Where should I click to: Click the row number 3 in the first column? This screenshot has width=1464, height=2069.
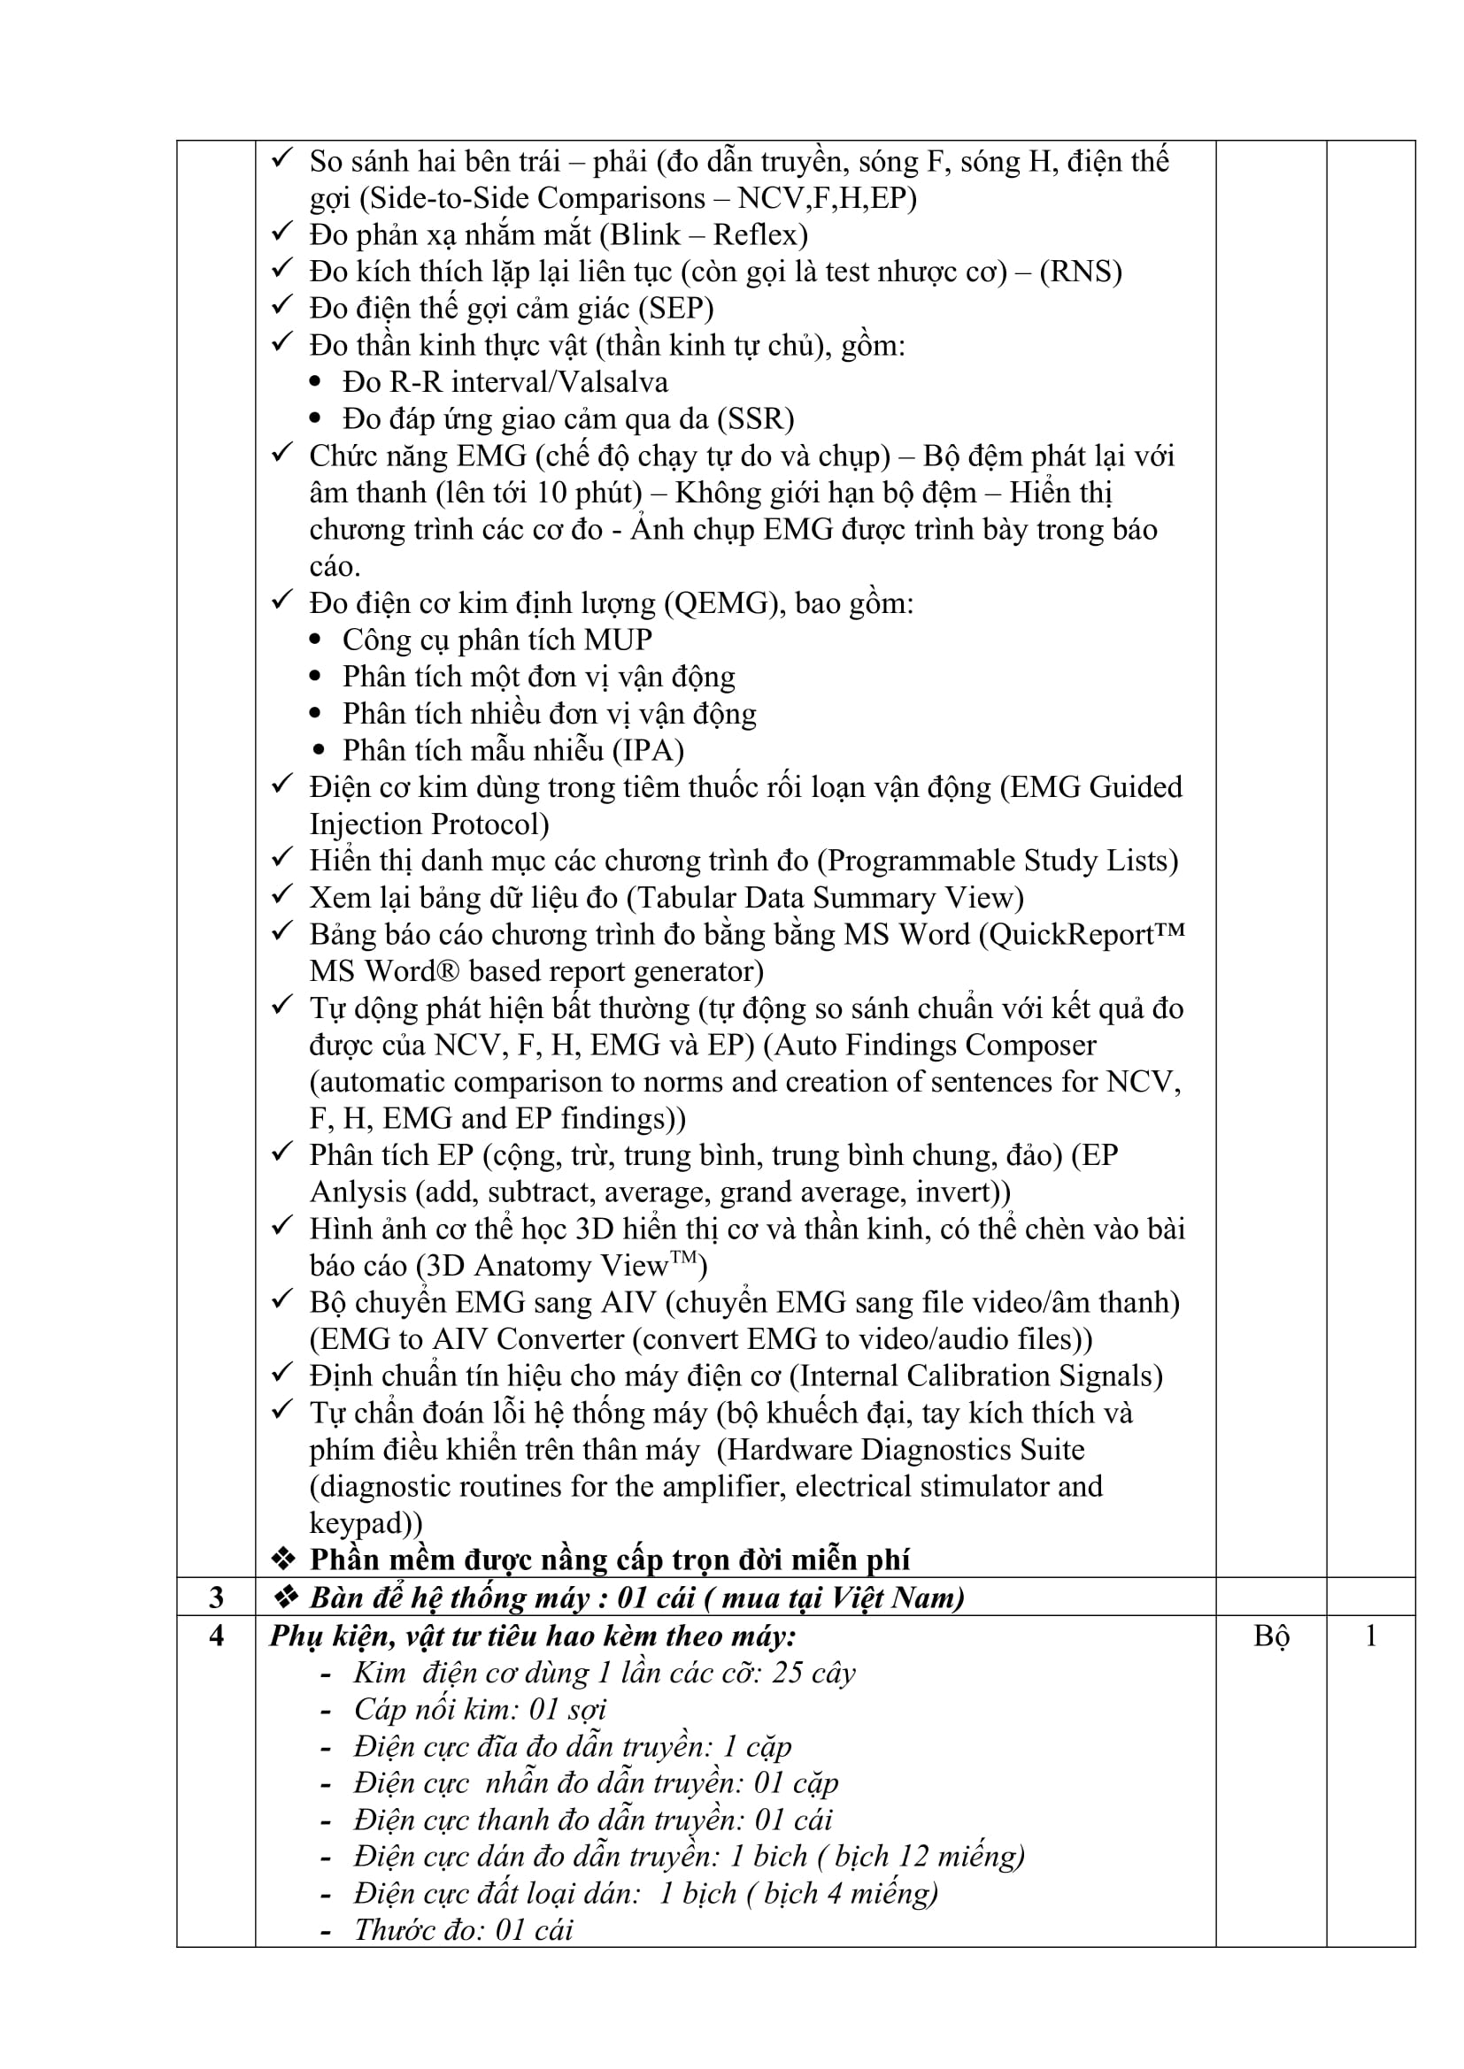pos(216,1598)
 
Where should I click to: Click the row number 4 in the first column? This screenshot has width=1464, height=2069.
pos(216,1636)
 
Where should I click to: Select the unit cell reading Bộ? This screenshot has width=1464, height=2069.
pos(1270,1636)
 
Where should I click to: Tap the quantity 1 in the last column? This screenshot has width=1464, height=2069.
pos(1370,1636)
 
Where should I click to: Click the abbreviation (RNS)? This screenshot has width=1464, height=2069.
pos(1081,272)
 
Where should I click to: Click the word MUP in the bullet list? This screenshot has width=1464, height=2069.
pos(618,640)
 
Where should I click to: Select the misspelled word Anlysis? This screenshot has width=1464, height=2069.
pos(358,1192)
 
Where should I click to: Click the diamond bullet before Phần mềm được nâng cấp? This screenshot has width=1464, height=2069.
pos(284,1559)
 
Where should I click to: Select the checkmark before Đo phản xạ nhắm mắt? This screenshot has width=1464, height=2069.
pos(282,233)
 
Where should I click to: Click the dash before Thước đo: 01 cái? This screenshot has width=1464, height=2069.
pos(327,1931)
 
